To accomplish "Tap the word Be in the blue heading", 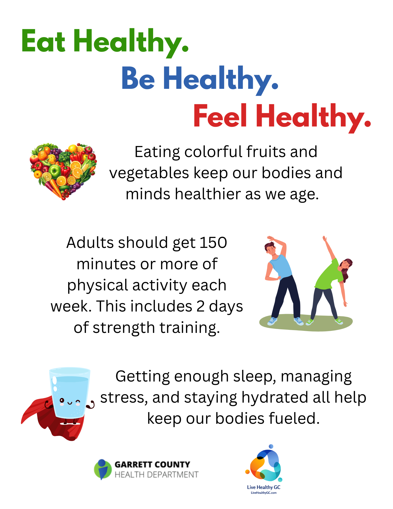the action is click(138, 78).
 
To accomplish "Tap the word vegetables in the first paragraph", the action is click(149, 174).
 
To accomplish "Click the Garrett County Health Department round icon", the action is click(103, 469).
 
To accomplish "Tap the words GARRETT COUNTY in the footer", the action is click(152, 464).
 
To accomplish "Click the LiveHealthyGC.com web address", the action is click(264, 493).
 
